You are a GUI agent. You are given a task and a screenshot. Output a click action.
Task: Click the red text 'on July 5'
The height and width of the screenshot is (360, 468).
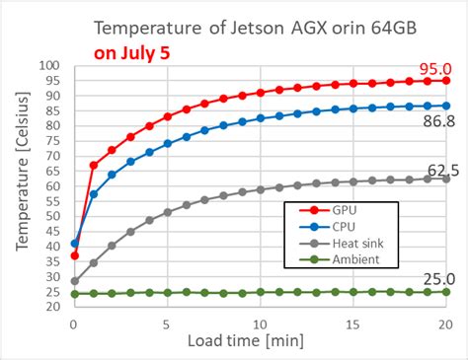[131, 51]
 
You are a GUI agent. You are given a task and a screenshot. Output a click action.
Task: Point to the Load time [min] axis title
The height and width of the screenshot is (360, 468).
[260, 340]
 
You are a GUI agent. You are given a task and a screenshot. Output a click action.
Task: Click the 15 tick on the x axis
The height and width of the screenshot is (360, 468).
[352, 324]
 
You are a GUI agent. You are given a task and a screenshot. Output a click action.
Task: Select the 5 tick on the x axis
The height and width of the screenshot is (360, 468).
[168, 324]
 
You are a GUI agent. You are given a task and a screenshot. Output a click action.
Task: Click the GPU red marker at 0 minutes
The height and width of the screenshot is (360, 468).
[75, 255]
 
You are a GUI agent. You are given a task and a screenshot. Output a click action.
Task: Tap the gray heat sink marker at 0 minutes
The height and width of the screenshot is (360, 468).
[75, 281]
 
